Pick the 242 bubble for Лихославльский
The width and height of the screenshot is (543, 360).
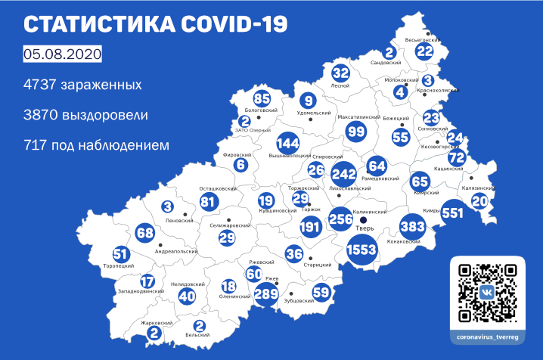click(344, 173)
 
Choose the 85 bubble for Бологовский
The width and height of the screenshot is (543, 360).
click(262, 98)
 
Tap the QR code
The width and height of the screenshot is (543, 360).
click(488, 291)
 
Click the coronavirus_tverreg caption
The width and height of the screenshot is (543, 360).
click(488, 335)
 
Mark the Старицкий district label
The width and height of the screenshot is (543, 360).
click(318, 265)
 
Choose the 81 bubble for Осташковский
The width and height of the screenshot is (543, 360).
click(208, 201)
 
